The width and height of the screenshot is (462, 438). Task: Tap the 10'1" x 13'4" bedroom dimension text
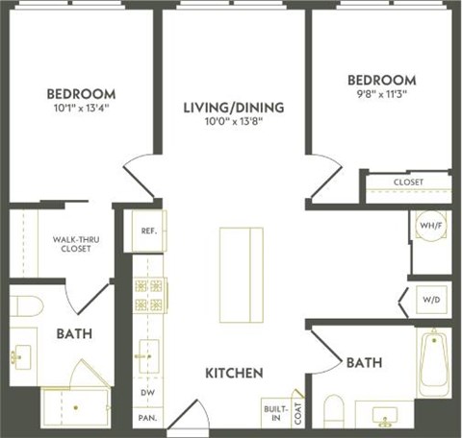pyautogui.click(x=82, y=109)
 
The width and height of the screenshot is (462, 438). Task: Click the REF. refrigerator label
pyautogui.click(x=149, y=231)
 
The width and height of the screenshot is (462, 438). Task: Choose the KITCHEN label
pyautogui.click(x=234, y=372)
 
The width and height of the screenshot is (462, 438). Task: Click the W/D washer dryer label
pyautogui.click(x=430, y=299)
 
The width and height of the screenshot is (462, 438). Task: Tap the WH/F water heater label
pyautogui.click(x=429, y=228)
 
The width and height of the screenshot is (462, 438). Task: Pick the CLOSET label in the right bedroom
pyautogui.click(x=408, y=182)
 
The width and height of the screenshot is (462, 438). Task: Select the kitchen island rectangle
pyautogui.click(x=241, y=273)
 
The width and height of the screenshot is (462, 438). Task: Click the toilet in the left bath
pyautogui.click(x=26, y=308)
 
